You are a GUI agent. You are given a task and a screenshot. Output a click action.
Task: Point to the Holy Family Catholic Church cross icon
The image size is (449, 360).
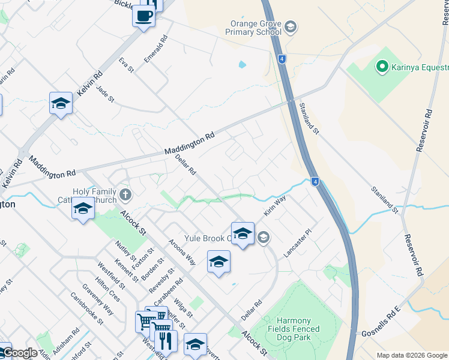pyautogui.click(x=125, y=194)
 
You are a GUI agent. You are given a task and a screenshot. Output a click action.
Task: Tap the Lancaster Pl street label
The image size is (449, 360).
pyautogui.click(x=298, y=243)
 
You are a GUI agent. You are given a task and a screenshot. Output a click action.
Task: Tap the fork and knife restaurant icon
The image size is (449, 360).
pyautogui.click(x=166, y=341)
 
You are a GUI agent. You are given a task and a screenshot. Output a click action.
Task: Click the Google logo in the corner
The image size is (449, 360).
pyautogui.click(x=19, y=353)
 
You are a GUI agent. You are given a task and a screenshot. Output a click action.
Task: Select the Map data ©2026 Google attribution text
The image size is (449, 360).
pyautogui.click(x=412, y=355)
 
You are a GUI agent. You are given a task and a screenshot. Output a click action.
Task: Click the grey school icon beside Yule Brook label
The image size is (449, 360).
pyautogui.click(x=263, y=238)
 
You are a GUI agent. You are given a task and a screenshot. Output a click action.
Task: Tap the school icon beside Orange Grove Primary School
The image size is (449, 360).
pyautogui.click(x=291, y=26)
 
